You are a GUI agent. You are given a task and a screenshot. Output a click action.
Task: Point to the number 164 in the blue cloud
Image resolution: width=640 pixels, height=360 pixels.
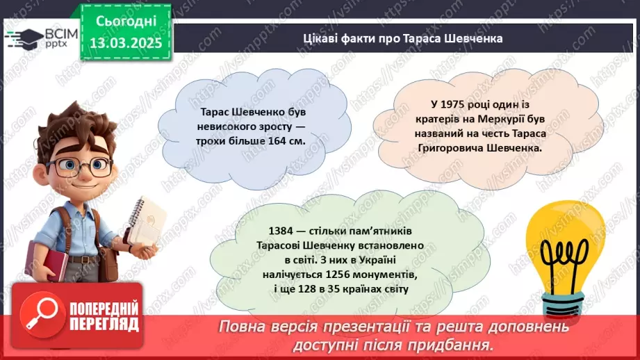(x=276, y=142)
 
